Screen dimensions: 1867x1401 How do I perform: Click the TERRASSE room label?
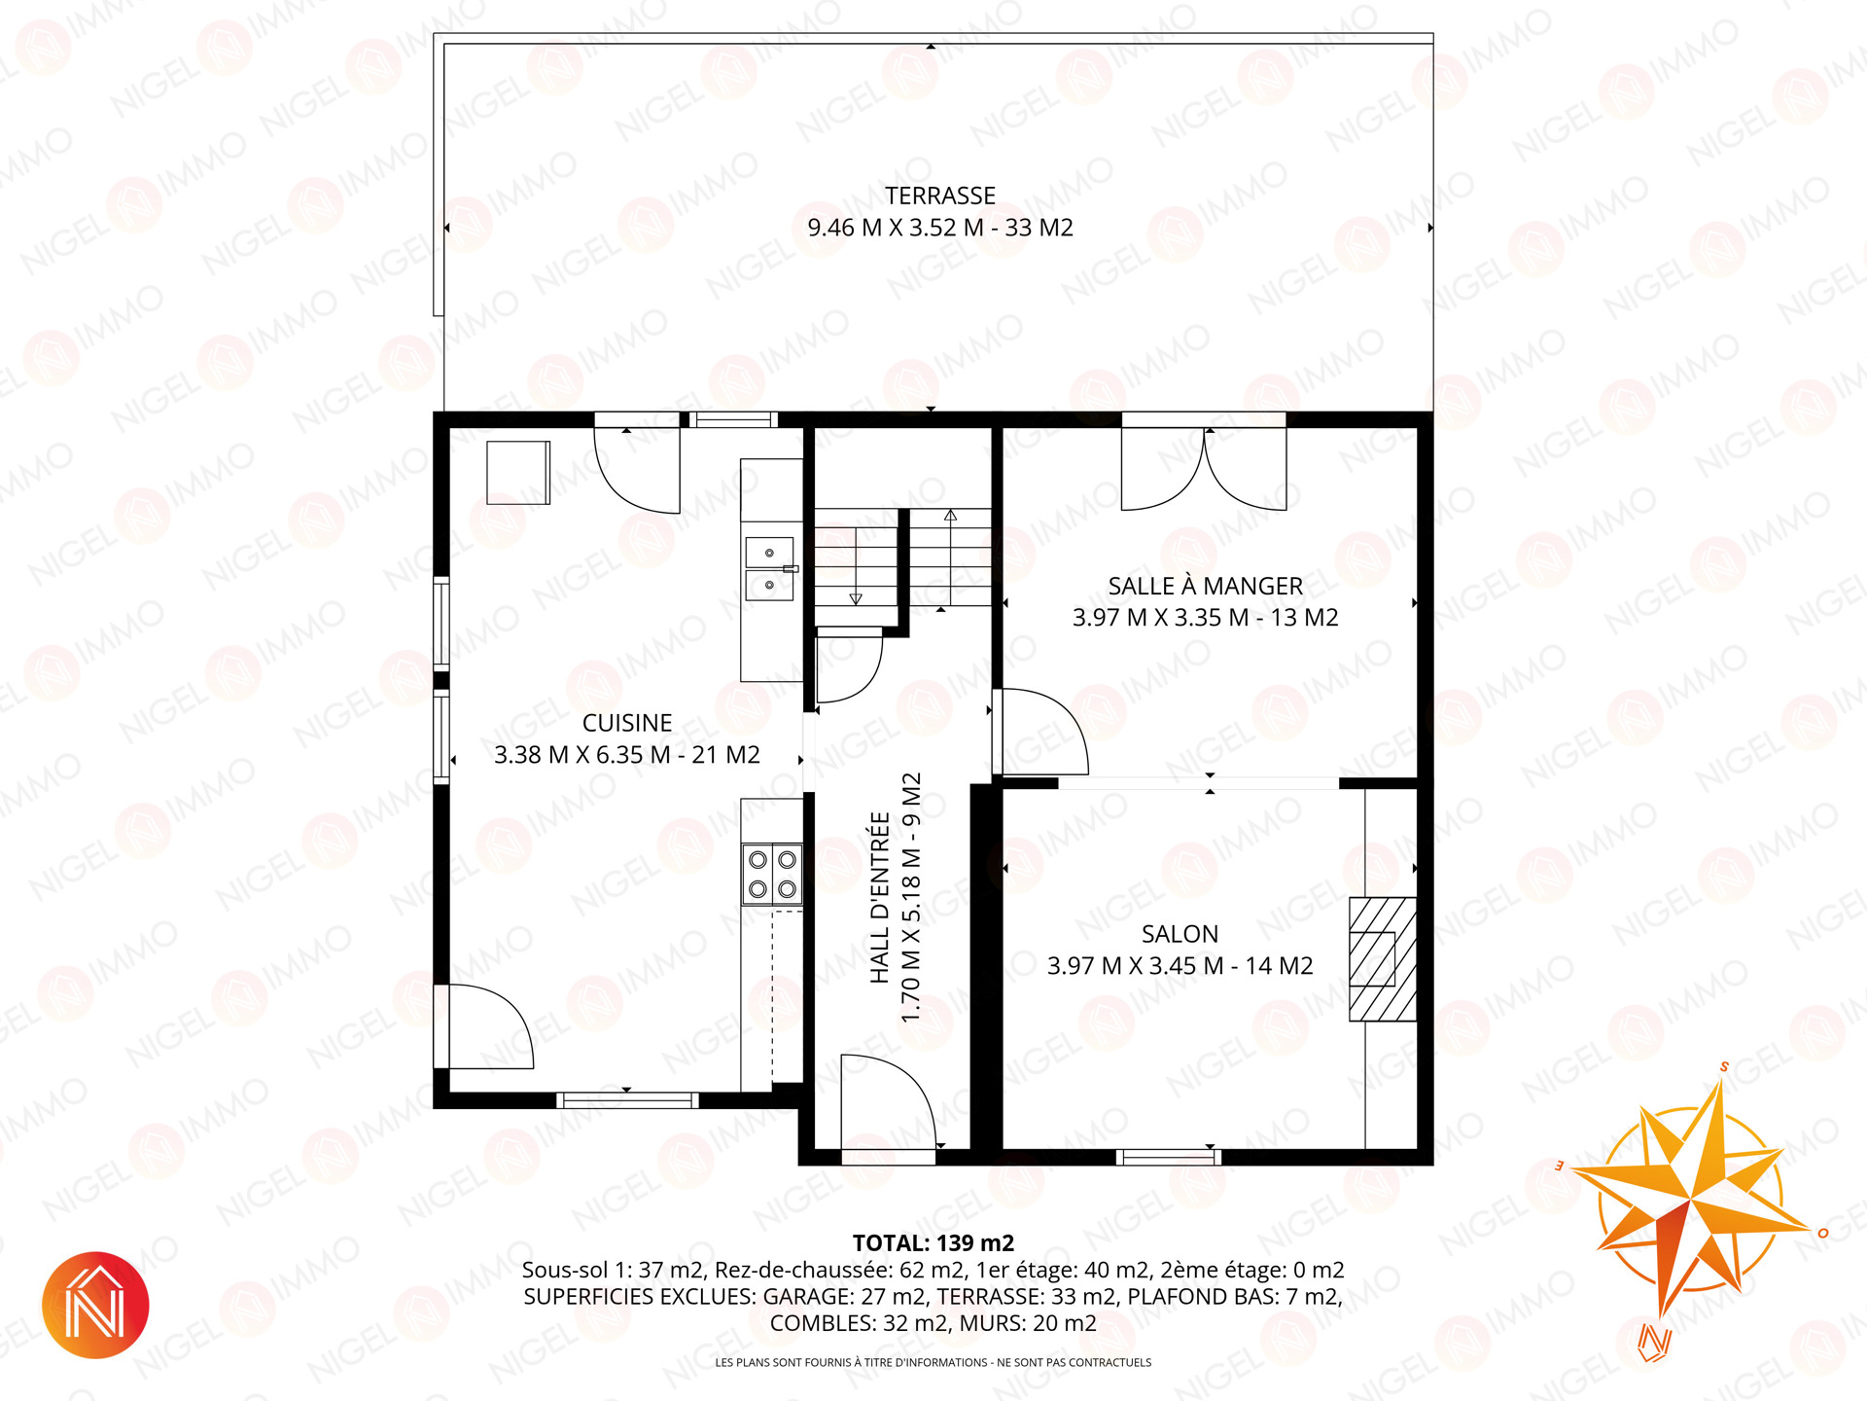[x=939, y=196]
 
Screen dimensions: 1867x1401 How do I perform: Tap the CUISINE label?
[x=627, y=723]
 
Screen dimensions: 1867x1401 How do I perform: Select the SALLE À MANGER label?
[x=1205, y=586]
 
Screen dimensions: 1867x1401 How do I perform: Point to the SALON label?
[x=1180, y=934]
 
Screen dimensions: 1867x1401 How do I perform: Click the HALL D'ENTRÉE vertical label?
[x=880, y=898]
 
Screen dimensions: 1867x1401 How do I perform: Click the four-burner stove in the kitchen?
[x=772, y=875]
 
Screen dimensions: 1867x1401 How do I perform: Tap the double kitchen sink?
[x=769, y=568]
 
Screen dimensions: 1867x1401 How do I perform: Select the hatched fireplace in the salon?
[x=1382, y=959]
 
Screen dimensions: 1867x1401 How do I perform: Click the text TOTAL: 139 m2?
[x=933, y=1243]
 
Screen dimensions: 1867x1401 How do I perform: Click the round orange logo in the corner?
[x=95, y=1305]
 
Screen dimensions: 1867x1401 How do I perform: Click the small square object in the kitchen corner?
[x=518, y=473]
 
